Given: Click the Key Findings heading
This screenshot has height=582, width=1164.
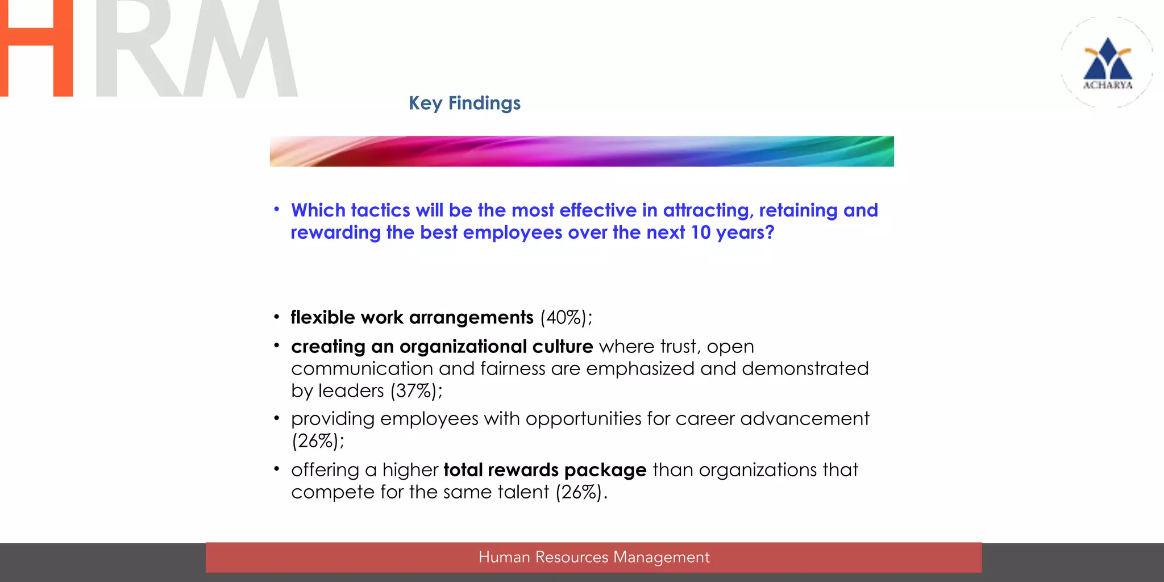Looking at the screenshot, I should (x=464, y=103).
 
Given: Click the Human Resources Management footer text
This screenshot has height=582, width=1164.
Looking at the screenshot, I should (x=594, y=557).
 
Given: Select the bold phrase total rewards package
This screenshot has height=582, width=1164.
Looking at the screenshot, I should (x=545, y=470).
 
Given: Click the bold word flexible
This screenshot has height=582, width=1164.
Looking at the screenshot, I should (x=323, y=317).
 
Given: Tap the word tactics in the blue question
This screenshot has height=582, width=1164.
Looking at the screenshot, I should (x=380, y=210).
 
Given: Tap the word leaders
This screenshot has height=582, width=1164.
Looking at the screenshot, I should (x=351, y=391).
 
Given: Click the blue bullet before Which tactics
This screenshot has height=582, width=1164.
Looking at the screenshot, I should (x=277, y=210).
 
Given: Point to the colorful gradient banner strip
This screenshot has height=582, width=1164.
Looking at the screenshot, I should (x=581, y=151).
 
